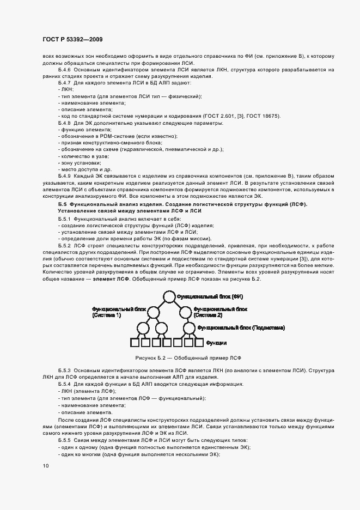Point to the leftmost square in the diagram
click(135, 343)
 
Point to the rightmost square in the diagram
click(199, 343)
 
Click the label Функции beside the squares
click(216, 344)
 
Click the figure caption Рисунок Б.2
click(180, 358)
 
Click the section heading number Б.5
click(62, 204)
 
